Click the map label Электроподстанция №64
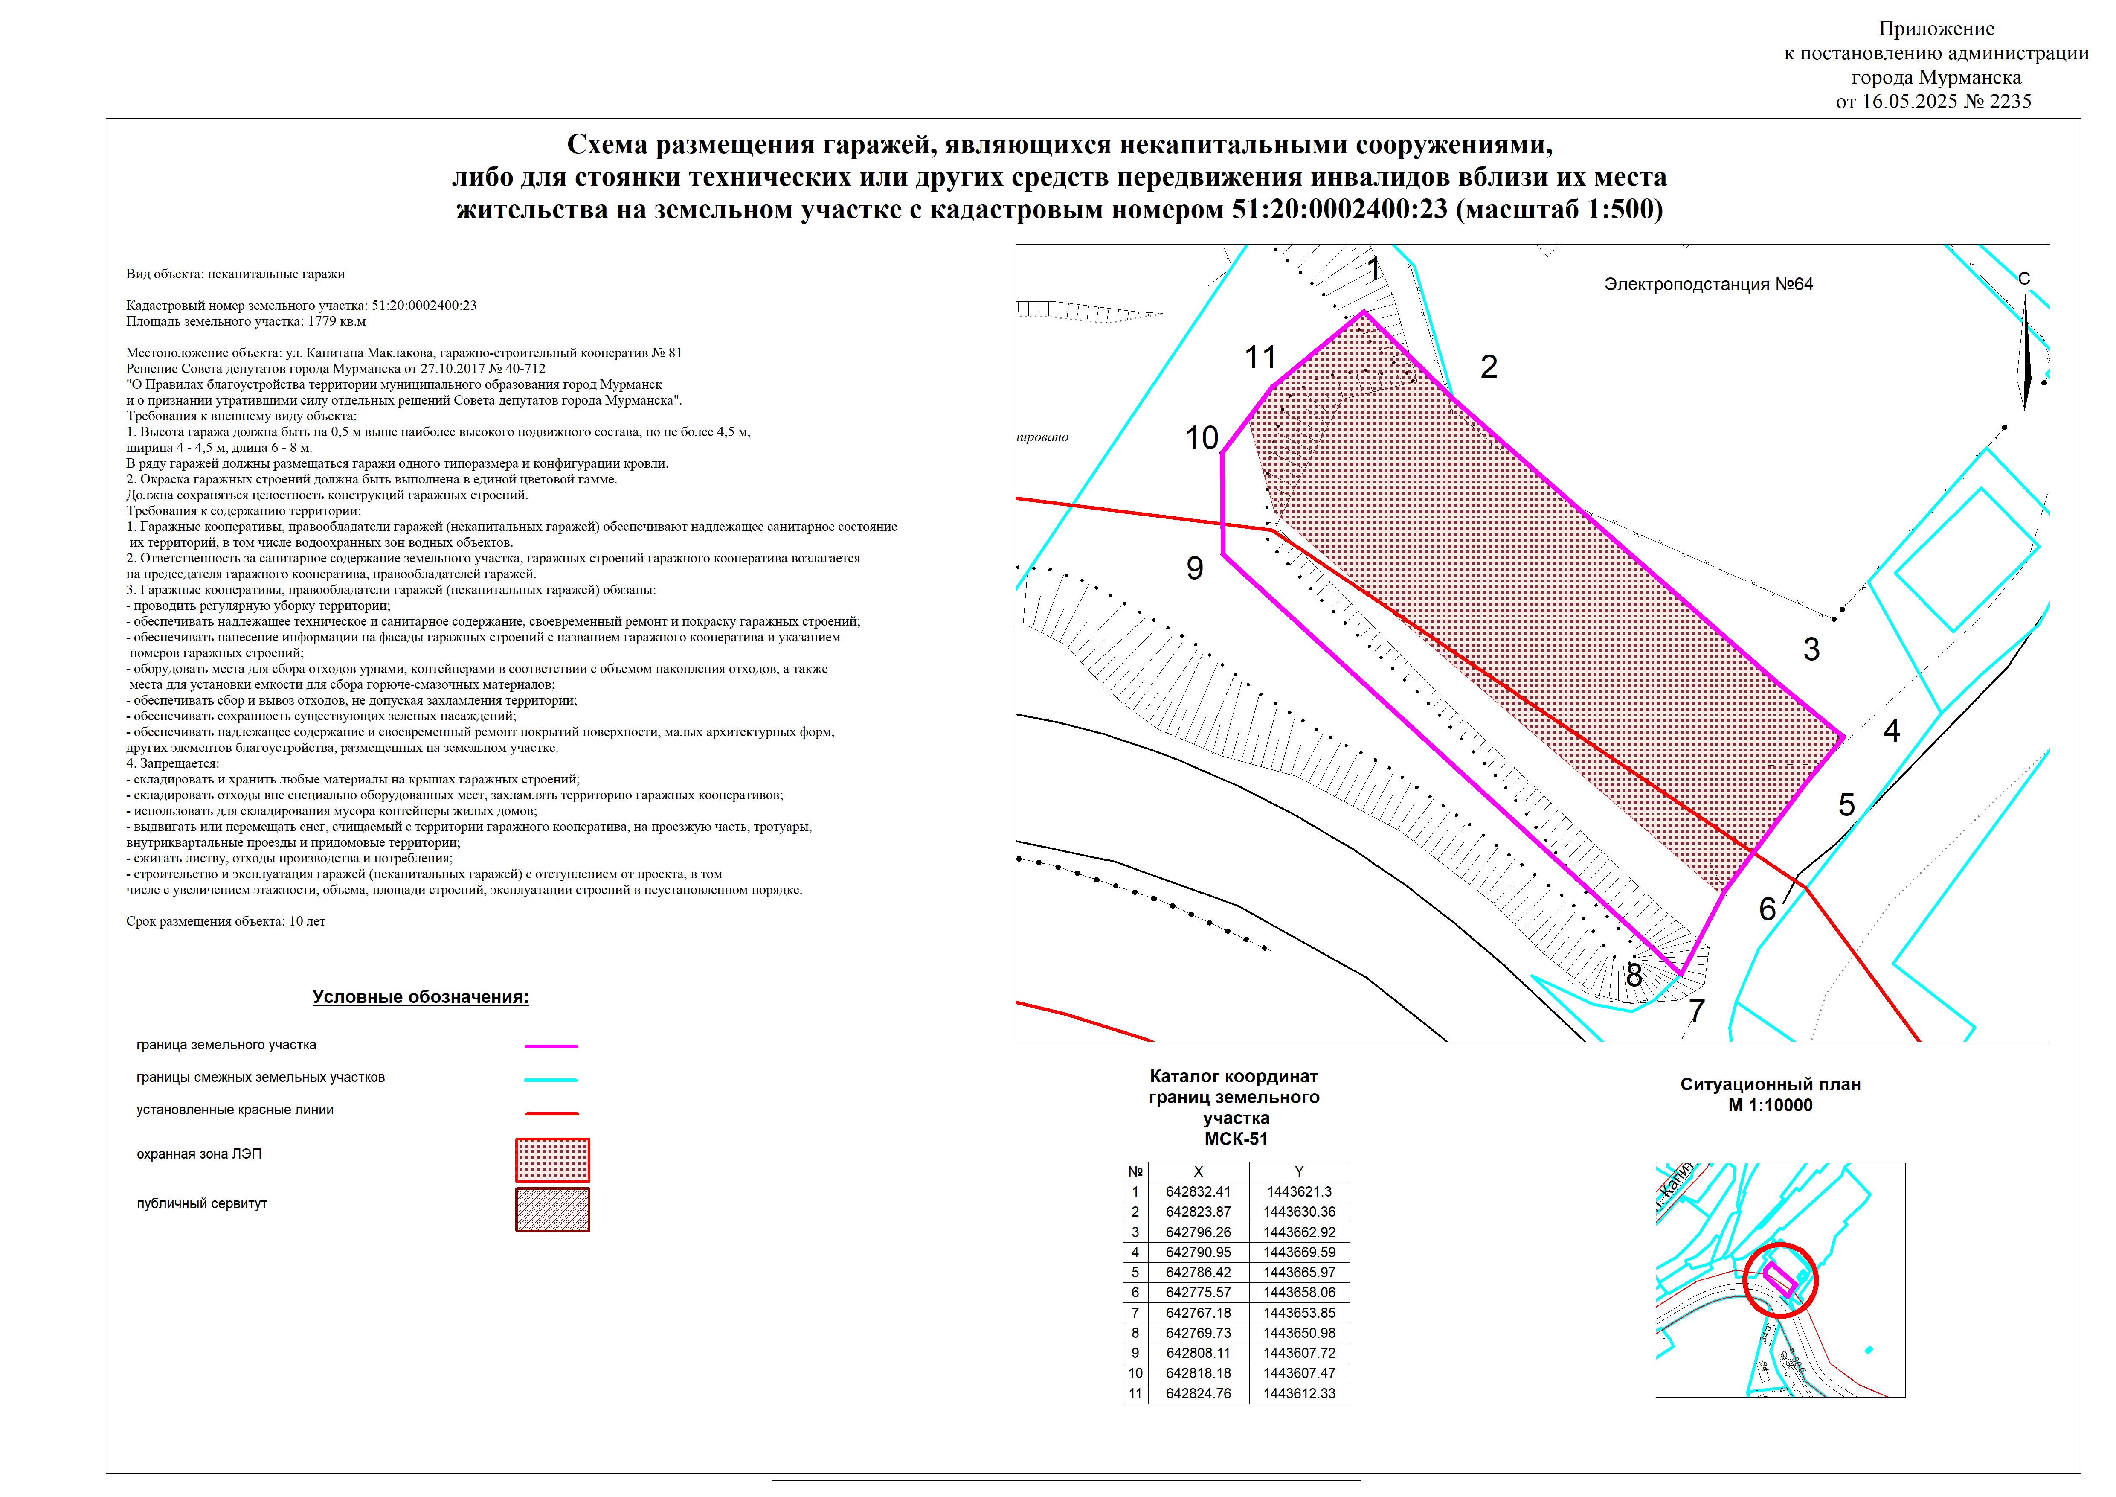tap(1708, 285)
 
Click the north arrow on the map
tap(2025, 350)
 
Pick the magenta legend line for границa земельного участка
tap(551, 1046)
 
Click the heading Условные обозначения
tap(420, 997)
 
